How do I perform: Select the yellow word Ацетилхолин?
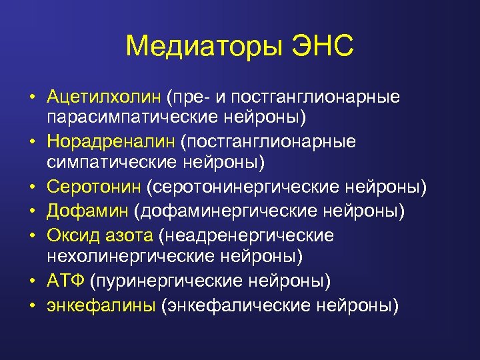[x=104, y=97]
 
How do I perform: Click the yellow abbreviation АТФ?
[x=65, y=281]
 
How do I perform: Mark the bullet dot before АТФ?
[x=31, y=281]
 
